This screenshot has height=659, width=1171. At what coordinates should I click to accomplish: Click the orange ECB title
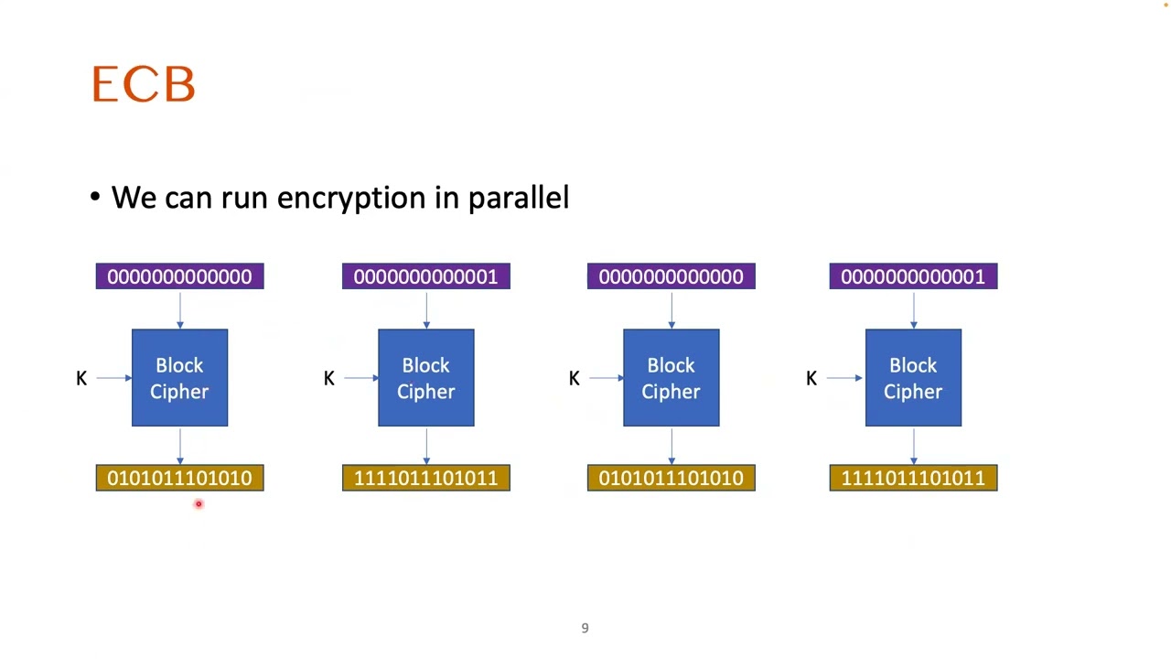(x=144, y=85)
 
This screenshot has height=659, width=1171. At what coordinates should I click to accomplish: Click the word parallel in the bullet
(x=518, y=199)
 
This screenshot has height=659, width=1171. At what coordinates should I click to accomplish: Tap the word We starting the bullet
(x=134, y=198)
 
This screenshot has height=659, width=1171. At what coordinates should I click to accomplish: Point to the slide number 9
(x=585, y=628)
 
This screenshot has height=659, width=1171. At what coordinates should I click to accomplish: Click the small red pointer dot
(x=198, y=503)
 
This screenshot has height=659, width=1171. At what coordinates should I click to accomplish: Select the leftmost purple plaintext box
(x=179, y=276)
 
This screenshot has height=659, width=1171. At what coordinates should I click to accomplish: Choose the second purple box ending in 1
(x=425, y=276)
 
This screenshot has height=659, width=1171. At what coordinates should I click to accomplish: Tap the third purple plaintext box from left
(x=671, y=276)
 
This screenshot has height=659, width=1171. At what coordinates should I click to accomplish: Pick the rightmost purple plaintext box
(x=913, y=276)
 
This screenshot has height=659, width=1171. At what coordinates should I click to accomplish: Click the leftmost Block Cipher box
(x=179, y=378)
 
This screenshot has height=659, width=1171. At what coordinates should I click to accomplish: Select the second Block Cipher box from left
(x=425, y=378)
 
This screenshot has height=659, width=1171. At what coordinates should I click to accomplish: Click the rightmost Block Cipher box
(x=913, y=378)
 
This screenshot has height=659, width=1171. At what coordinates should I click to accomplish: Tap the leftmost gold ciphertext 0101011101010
(x=179, y=478)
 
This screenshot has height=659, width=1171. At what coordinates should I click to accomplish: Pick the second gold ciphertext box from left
(x=425, y=478)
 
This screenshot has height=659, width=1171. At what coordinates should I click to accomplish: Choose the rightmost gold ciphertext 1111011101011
(x=913, y=478)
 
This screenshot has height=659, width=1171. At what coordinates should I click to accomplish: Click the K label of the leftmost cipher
(x=81, y=378)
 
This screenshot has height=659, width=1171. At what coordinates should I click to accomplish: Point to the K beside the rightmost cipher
(x=811, y=378)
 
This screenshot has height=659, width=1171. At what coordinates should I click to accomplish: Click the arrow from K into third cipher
(x=606, y=378)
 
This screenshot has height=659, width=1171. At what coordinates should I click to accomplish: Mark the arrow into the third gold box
(x=671, y=446)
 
